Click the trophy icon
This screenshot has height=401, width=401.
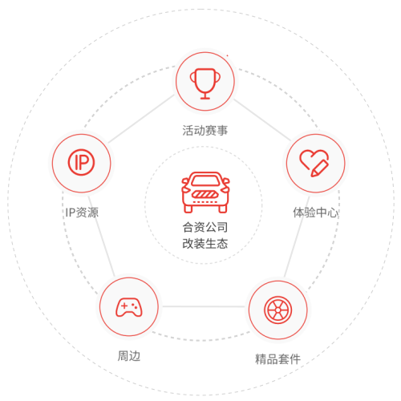[205, 83]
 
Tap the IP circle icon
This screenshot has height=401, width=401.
[81, 162]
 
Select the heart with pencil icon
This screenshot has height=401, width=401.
[314, 163]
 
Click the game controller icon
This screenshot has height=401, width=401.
[129, 307]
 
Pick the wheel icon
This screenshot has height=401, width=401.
[278, 310]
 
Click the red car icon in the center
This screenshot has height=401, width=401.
[205, 192]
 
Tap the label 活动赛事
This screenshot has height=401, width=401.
[205, 131]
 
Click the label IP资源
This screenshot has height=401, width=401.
[82, 213]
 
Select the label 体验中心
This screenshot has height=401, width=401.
[315, 213]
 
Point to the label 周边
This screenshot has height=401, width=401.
[129, 356]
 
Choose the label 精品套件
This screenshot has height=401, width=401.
[277, 359]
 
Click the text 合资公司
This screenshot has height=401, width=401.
[205, 227]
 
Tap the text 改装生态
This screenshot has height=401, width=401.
[205, 244]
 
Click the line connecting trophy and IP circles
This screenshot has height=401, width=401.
[141, 119]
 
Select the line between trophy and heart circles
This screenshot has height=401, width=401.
[262, 119]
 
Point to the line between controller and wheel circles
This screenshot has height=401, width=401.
[204, 306]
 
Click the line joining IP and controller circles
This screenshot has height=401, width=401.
[102, 237]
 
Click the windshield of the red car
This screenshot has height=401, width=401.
[205, 181]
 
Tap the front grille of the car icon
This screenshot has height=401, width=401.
[205, 194]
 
